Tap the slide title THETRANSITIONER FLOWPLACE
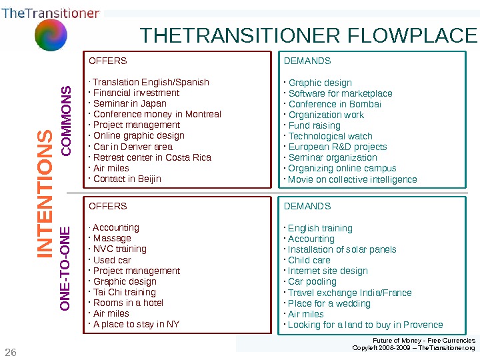tap(309, 35)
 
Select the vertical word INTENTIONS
tap(45, 193)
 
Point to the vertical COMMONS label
tap(66, 121)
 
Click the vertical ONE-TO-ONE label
tap(66, 269)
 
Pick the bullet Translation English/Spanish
tap(151, 82)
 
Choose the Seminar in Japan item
tap(129, 103)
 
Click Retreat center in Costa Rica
tap(151, 157)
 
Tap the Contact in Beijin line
tap(127, 179)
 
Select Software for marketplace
tap(340, 93)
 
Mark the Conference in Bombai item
tap(335, 104)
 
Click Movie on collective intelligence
tap(352, 179)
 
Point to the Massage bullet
tap(112, 238)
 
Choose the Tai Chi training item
tap(124, 292)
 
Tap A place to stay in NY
tap(136, 325)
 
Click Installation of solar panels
tap(342, 249)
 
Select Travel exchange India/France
tap(349, 293)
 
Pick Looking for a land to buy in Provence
tap(365, 325)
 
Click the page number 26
tap(10, 351)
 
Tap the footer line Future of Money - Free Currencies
tap(419, 340)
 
